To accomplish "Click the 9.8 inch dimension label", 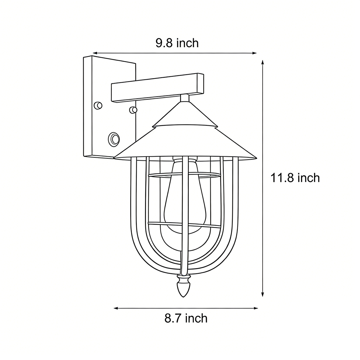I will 177,43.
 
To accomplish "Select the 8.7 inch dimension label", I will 186,318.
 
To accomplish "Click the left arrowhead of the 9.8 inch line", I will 95,53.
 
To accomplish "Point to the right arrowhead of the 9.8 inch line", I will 254,53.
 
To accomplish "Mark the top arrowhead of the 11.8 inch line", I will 263,62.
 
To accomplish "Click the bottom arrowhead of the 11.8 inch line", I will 263,294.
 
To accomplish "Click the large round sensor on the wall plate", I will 114,139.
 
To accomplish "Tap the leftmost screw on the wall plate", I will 98,106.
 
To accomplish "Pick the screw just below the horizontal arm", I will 133,110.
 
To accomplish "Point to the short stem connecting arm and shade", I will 185,98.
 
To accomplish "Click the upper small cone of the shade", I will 185,115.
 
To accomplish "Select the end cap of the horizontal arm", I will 200,83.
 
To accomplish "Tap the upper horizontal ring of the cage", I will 184,175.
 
